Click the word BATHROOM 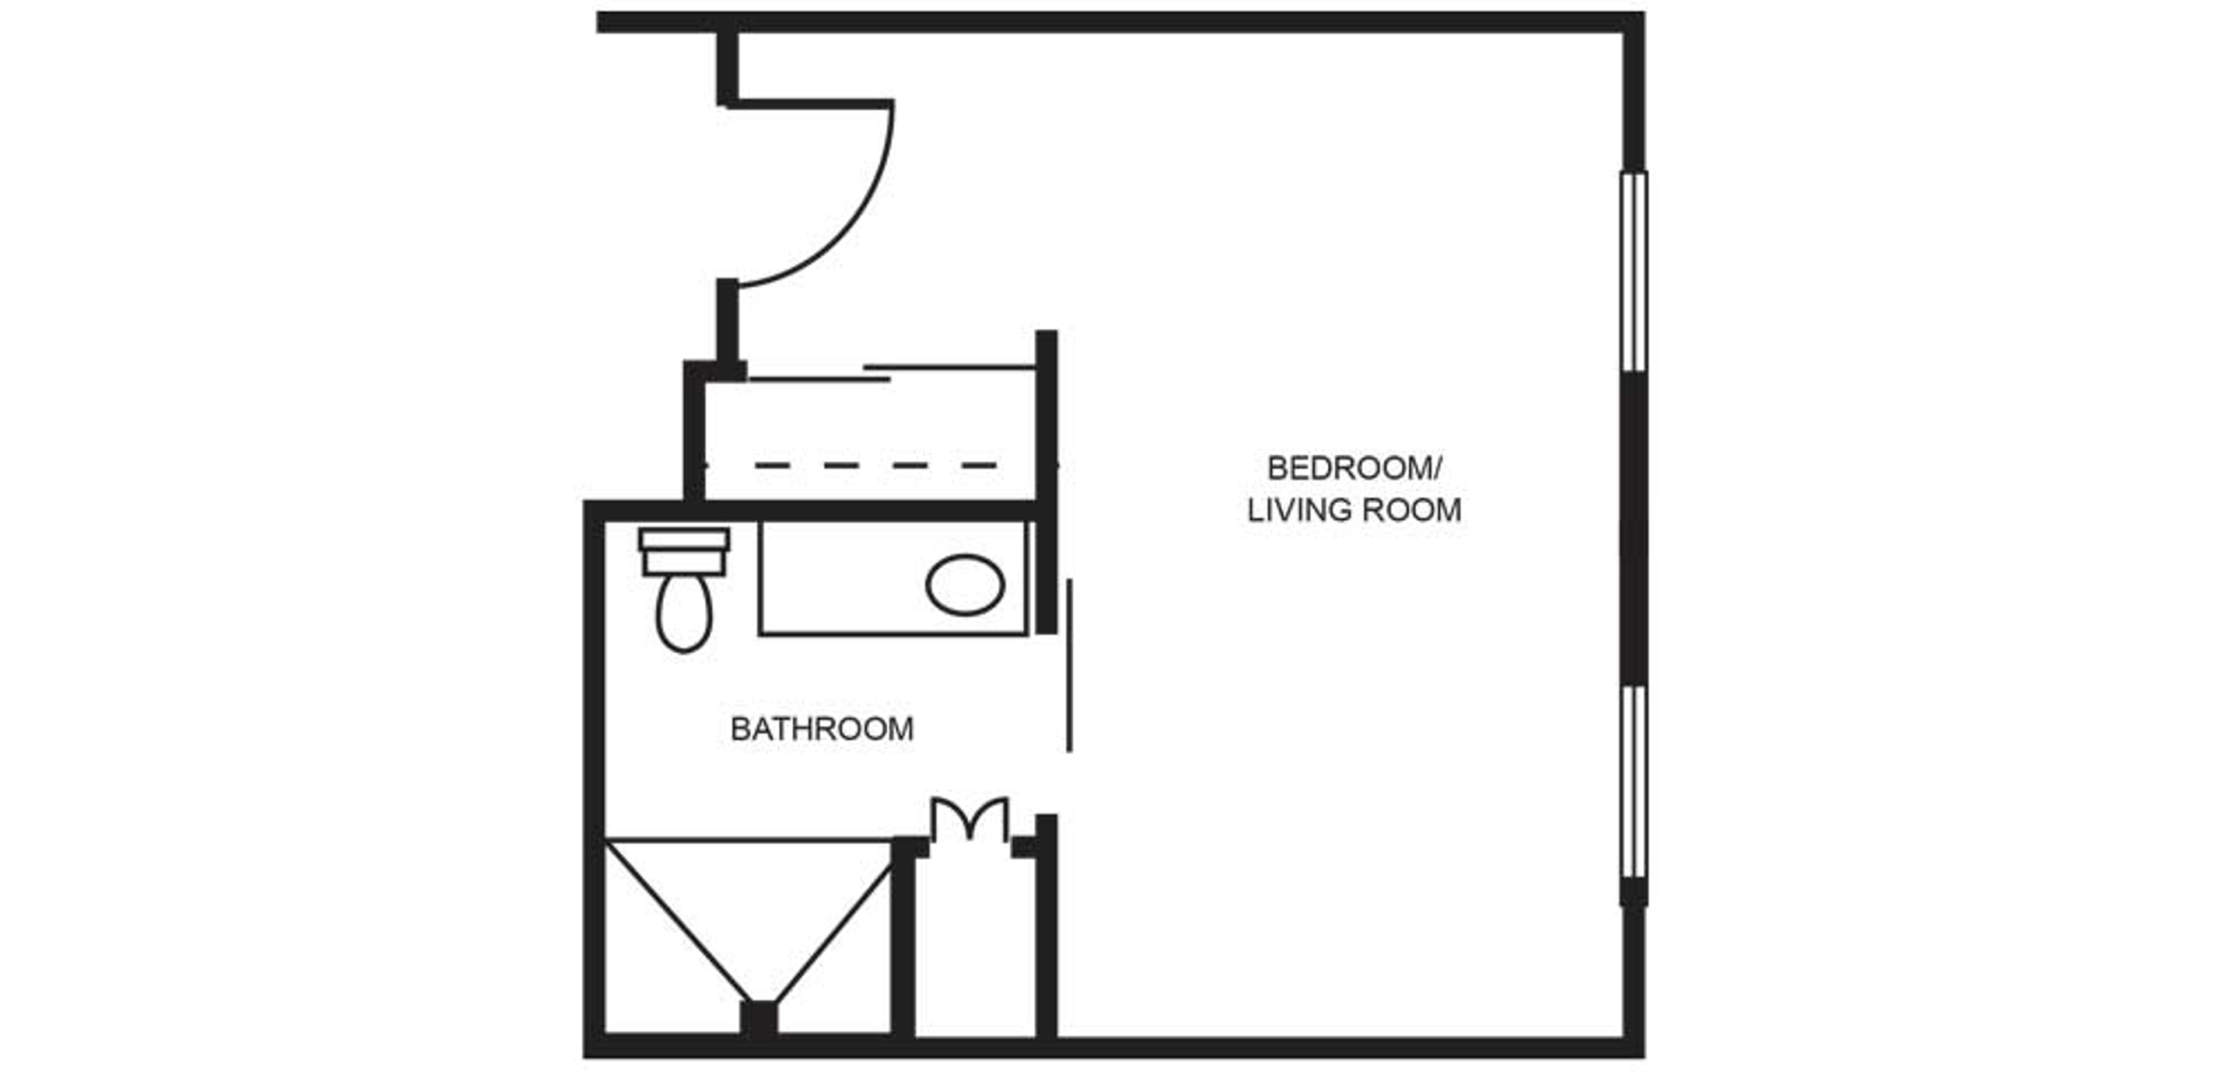coord(822,729)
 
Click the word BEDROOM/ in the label coord(1354,469)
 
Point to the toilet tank coord(684,552)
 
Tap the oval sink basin coord(965,584)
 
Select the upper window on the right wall coord(1634,272)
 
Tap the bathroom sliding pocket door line coord(1070,666)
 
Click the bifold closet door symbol coord(970,819)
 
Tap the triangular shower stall coord(750,931)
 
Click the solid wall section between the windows coord(1634,529)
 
